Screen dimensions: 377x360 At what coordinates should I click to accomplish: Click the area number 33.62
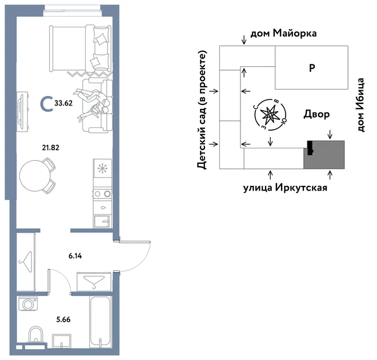63,103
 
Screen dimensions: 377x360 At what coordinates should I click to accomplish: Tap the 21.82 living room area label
50,147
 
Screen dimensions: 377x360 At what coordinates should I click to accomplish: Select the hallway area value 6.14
75,256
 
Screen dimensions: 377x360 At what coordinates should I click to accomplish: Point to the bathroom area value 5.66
63,319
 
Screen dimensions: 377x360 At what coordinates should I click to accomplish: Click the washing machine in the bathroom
28,304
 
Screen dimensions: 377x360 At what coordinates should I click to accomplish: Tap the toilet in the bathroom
35,335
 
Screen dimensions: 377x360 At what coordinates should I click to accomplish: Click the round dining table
35,175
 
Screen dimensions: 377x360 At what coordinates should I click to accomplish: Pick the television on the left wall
22,111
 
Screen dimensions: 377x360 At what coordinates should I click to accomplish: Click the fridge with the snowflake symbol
102,168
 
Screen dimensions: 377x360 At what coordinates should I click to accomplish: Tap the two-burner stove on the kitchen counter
102,193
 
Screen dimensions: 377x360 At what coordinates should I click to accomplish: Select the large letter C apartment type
47,104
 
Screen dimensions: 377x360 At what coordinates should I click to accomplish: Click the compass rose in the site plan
270,115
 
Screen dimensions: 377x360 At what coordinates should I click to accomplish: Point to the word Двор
316,114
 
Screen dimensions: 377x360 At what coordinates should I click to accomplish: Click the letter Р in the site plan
312,68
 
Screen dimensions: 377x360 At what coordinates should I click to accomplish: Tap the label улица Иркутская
285,188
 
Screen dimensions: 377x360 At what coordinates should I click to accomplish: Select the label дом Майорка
283,34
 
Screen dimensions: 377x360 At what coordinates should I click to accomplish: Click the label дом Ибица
360,105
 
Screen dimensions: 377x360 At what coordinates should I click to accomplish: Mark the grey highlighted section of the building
324,155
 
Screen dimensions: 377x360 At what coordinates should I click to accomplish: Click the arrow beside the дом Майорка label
244,39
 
